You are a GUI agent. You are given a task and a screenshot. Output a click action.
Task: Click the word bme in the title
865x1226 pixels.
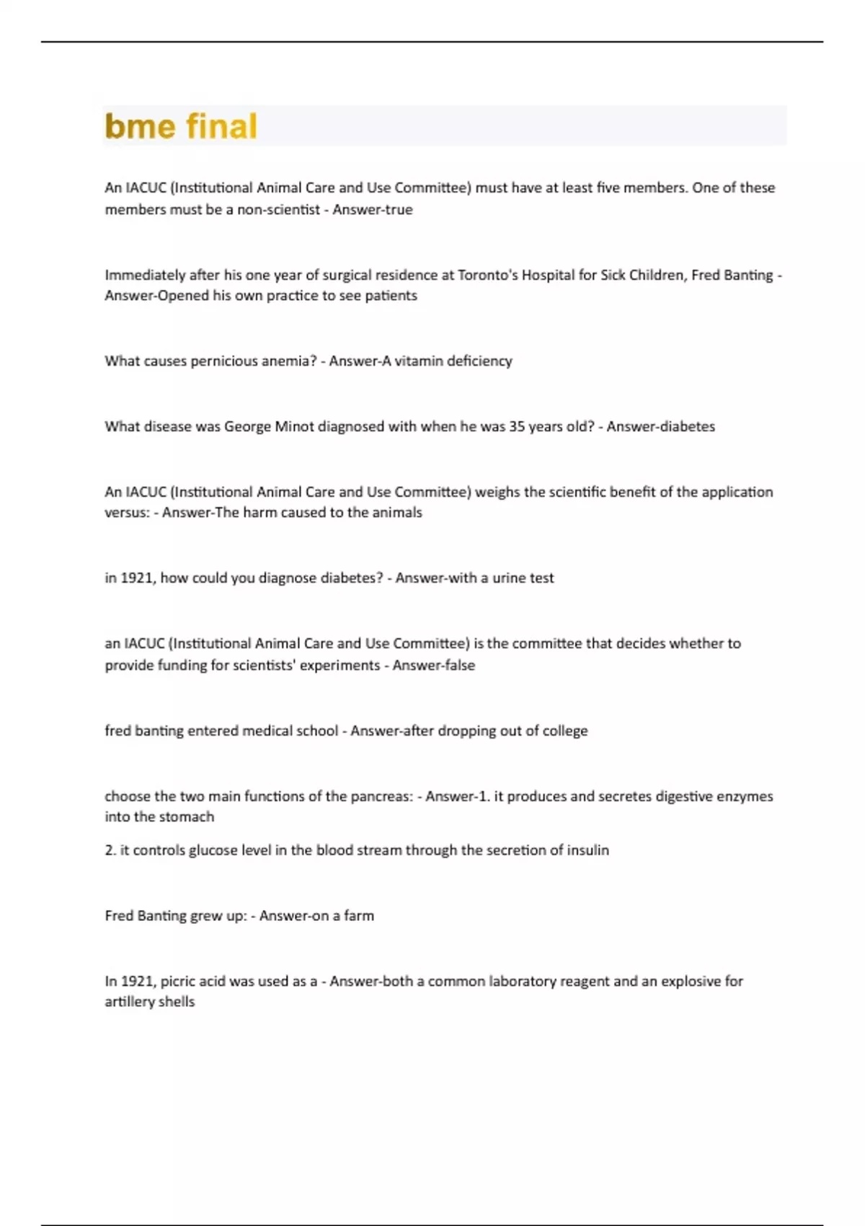coord(140,126)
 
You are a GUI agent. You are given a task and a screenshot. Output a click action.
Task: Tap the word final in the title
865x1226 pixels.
coord(221,126)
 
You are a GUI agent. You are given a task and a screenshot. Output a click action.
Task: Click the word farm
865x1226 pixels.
coord(358,915)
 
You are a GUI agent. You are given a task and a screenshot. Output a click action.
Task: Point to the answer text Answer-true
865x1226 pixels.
coord(373,210)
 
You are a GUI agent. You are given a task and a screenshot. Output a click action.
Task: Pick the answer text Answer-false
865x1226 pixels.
coord(434,665)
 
